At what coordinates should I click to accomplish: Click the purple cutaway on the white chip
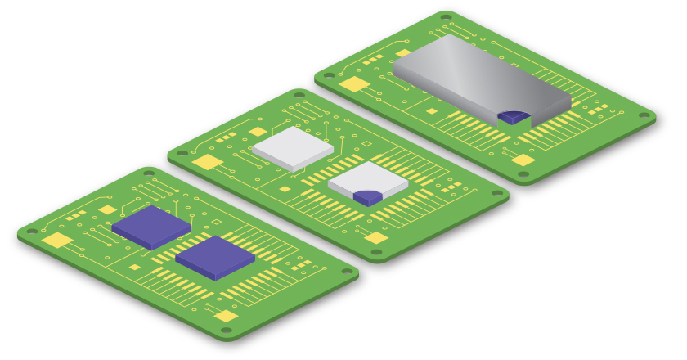(x=367, y=197)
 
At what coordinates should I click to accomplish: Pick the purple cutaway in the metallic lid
(x=512, y=117)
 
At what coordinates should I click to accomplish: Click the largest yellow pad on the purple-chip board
(x=56, y=241)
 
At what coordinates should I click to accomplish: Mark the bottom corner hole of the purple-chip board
(x=227, y=331)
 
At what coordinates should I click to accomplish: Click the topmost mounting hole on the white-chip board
(x=299, y=95)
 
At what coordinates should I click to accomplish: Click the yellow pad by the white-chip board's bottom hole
(x=376, y=238)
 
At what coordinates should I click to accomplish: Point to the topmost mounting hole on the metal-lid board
(x=447, y=17)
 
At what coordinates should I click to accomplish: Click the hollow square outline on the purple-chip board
(x=216, y=223)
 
